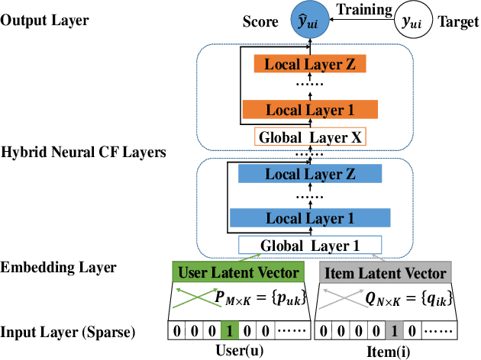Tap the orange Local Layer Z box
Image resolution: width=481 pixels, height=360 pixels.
(x=310, y=64)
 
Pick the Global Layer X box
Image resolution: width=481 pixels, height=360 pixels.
(x=311, y=137)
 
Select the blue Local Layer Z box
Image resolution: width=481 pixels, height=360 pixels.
(x=309, y=175)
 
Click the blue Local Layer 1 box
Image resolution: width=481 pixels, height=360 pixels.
(x=309, y=219)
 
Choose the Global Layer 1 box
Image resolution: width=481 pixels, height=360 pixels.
(x=310, y=246)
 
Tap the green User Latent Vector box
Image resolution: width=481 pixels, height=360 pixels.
(x=237, y=272)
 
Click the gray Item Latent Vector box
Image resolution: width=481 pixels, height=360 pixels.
(x=386, y=272)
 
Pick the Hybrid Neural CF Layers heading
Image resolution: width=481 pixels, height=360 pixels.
(x=82, y=153)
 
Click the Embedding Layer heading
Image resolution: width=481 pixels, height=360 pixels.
(x=59, y=267)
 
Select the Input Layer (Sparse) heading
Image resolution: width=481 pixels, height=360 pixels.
(x=69, y=333)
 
